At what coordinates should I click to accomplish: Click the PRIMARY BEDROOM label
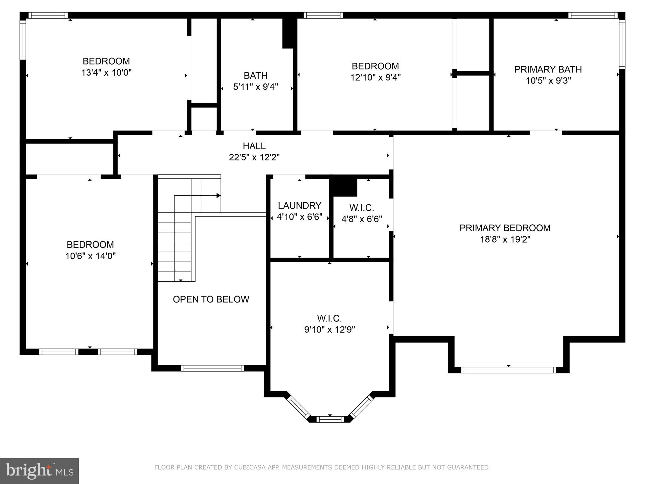[x=505, y=228]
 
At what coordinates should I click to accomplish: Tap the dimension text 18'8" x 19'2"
[x=505, y=239]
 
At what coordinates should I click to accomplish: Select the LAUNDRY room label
[x=299, y=205]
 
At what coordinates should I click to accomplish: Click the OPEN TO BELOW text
[x=211, y=299]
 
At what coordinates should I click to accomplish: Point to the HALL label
[x=254, y=146]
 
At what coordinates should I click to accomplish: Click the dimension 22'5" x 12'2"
[x=254, y=157]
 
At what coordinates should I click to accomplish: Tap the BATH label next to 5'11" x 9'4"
[x=255, y=75]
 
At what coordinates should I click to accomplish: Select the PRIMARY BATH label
[x=548, y=69]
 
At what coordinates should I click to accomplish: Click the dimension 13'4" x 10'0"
[x=106, y=72]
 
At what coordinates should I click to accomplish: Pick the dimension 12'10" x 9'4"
[x=375, y=78]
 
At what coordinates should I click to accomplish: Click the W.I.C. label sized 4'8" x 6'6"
[x=362, y=208]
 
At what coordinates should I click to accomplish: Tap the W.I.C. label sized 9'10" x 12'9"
[x=329, y=318]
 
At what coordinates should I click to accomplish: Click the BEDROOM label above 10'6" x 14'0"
[x=90, y=245]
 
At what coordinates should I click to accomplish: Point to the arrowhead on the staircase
[x=218, y=196]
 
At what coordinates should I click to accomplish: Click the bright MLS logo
[x=39, y=471]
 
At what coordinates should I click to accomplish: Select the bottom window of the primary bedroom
[x=508, y=370]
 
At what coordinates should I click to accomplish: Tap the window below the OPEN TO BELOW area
[x=212, y=368]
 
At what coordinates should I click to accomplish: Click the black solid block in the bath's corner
[x=288, y=33]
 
